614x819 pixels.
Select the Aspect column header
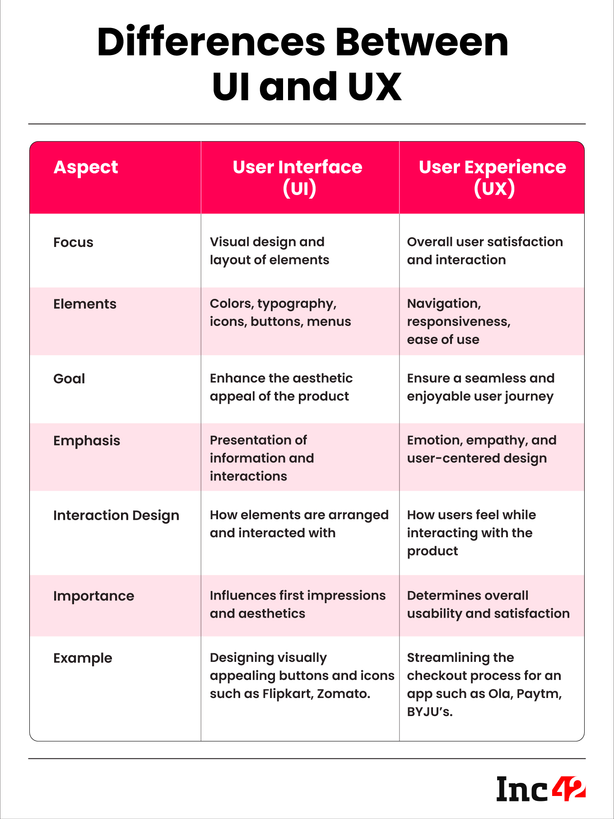point(86,168)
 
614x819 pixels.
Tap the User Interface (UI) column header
point(298,177)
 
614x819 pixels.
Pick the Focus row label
point(73,242)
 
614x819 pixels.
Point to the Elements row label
point(85,304)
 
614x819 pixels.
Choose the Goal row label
point(69,379)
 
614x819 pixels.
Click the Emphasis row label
point(87,441)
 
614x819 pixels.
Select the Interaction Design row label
point(116,516)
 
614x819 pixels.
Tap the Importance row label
point(93,596)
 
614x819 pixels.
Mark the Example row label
point(83,658)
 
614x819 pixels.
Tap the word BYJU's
point(429,712)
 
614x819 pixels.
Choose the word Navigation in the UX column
point(444,304)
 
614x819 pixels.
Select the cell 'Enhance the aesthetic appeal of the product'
point(281,387)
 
